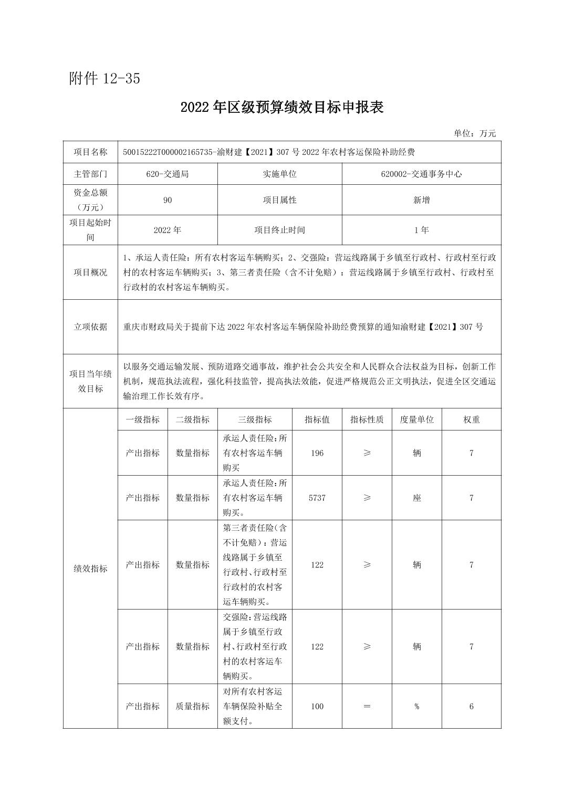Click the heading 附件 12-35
[105, 79]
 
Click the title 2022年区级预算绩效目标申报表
[282, 107]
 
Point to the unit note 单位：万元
[474, 133]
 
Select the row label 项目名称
[90, 152]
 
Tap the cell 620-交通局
[168, 174]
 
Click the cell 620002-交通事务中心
[421, 174]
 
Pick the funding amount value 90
[168, 200]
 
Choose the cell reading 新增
[421, 200]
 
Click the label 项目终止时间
[279, 230]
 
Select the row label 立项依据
[90, 327]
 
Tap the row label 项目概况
[90, 272]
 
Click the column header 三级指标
[255, 419]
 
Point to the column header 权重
[471, 419]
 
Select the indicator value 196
[317, 453]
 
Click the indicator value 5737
[317, 498]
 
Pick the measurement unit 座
[416, 498]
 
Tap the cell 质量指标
[192, 706]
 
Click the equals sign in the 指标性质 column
[367, 706]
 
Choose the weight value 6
[471, 706]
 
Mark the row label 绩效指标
[90, 569]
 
